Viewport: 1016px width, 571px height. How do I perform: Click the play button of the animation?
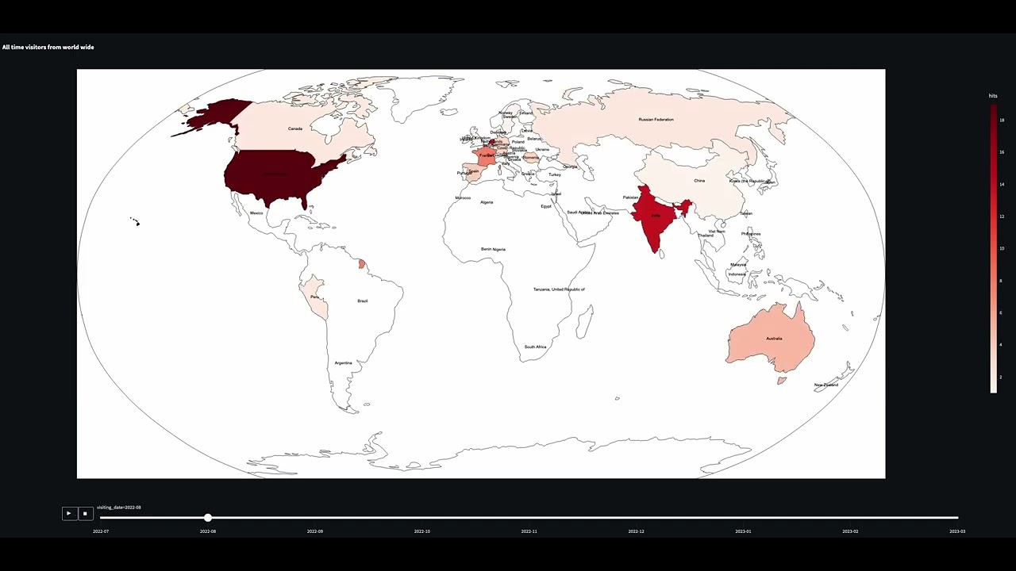coord(69,514)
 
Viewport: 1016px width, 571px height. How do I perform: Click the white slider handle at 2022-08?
coord(208,518)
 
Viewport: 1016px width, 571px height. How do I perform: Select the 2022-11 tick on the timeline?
coord(529,531)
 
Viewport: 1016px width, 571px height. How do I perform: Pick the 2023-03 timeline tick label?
coord(957,531)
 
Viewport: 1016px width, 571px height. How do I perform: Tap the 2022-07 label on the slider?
coord(101,531)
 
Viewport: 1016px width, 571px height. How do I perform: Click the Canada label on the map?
coord(295,128)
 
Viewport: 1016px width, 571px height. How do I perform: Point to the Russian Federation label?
coord(656,120)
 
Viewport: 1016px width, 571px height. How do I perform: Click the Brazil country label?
coord(363,301)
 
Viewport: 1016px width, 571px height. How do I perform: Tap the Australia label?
coord(774,339)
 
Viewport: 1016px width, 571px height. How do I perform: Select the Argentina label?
coord(343,363)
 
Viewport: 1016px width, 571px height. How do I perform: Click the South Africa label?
coord(535,347)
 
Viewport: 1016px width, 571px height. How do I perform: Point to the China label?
coord(699,181)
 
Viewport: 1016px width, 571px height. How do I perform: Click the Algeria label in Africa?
coord(487,202)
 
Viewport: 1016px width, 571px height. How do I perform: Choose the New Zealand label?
coord(826,385)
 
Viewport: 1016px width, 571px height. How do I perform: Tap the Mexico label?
coord(256,213)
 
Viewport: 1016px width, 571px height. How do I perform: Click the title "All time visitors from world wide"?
coord(48,48)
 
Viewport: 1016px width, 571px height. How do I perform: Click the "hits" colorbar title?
coord(993,96)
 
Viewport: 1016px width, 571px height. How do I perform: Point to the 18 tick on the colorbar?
coord(1002,121)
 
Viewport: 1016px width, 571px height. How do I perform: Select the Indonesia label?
coord(737,274)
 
